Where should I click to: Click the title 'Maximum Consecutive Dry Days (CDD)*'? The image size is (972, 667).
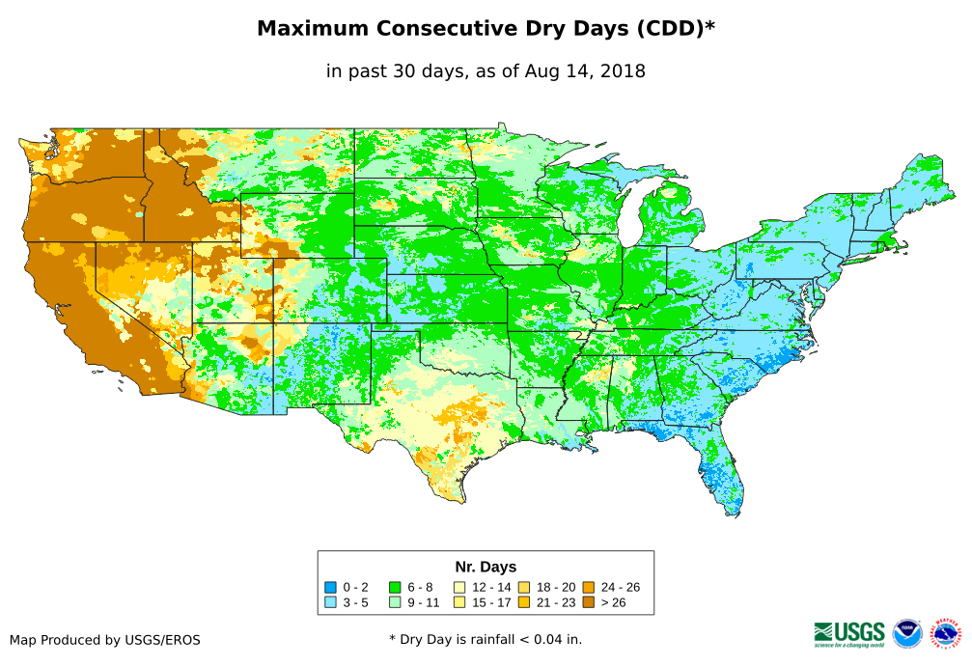point(486,29)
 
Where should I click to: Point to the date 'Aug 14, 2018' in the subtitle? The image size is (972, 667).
point(585,71)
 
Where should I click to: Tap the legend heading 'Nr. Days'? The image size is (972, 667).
point(486,567)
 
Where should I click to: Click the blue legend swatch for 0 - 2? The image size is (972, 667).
point(330,587)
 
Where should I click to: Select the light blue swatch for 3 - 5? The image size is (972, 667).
point(330,602)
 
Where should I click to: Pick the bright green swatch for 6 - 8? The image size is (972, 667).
point(395,587)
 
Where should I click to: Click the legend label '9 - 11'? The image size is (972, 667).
point(425,602)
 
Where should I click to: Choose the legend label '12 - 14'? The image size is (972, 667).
point(491,587)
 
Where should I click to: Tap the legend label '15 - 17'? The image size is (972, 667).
point(491,602)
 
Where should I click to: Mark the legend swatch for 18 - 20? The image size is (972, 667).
point(524,587)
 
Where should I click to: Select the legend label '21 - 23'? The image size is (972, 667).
point(554,602)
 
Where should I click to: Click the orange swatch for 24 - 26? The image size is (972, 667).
point(589,587)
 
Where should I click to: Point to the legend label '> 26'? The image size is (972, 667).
point(616,602)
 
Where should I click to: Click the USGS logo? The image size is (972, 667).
point(849,632)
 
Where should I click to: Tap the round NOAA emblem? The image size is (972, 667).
point(907,633)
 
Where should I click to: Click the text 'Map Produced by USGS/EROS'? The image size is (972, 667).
point(105,639)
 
